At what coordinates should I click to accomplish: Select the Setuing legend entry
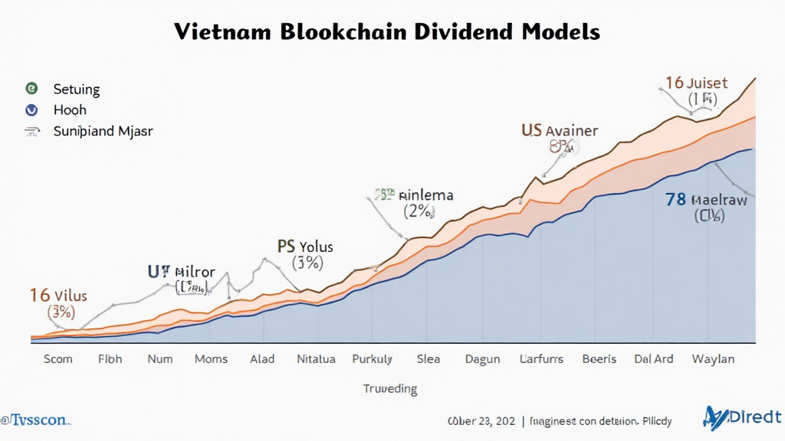pos(77,89)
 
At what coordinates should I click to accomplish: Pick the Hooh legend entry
pos(70,109)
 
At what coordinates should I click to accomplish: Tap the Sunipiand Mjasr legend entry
pos(103,131)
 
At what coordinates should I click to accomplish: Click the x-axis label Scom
pos(58,358)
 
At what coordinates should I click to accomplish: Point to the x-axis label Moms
pos(211,358)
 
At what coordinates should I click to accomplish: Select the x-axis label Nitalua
pos(316,358)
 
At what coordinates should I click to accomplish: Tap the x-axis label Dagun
pos(481,358)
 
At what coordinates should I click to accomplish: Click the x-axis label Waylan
pos(712,358)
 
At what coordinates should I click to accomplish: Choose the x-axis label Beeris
pos(599,358)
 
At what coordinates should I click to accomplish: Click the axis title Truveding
pos(390,388)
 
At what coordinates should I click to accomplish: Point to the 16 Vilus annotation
pos(58,295)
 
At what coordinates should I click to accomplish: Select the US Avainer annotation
pos(560,130)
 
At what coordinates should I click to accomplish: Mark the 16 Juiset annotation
pos(696,83)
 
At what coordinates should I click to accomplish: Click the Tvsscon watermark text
pos(36,420)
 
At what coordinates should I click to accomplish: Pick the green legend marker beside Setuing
pos(31,89)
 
